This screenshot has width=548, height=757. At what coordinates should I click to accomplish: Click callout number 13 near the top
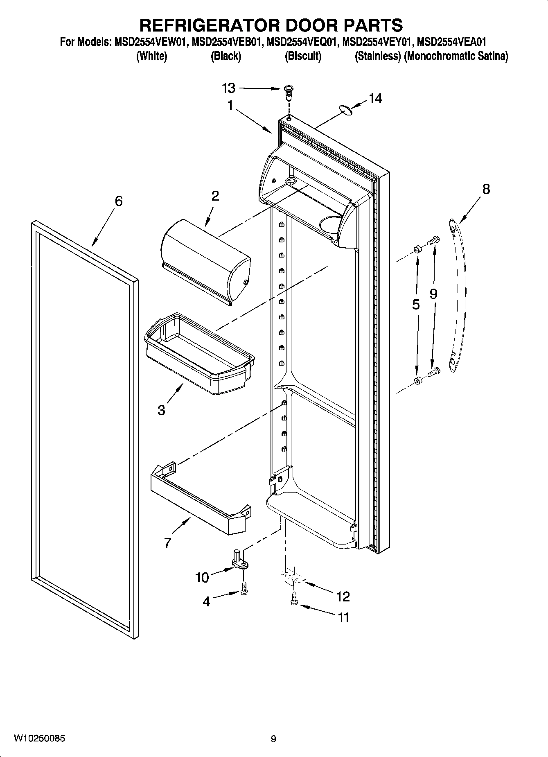click(x=229, y=88)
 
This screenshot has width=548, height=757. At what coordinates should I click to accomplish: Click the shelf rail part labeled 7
click(x=201, y=500)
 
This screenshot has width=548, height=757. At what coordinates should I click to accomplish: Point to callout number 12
click(x=343, y=597)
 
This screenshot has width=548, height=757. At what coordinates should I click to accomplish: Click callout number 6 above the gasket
click(x=118, y=201)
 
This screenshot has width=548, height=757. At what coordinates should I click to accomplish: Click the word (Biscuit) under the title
click(x=303, y=56)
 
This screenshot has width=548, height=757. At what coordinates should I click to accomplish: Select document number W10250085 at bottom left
click(x=39, y=739)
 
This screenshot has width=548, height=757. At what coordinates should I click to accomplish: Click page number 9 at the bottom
click(x=273, y=739)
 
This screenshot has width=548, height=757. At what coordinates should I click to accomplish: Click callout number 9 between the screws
click(x=433, y=294)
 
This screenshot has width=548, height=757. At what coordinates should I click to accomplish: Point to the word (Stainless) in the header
click(x=377, y=56)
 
